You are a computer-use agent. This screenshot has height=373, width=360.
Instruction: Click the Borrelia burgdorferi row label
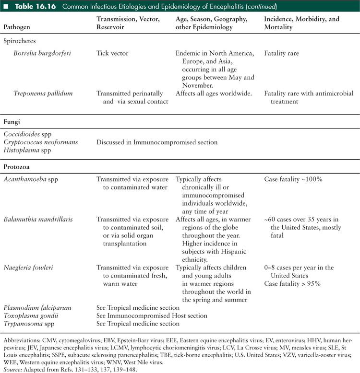44,54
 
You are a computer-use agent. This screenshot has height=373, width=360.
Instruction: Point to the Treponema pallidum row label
43,93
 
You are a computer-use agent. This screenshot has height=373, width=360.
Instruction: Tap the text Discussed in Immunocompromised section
156,142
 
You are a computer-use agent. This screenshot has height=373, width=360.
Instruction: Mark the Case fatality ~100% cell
292,179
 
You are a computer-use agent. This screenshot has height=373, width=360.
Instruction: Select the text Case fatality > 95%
292,284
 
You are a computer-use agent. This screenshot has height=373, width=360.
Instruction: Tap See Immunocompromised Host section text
152,315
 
